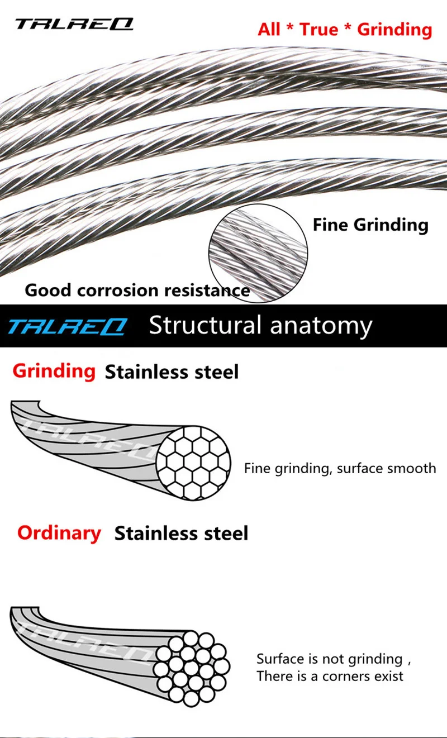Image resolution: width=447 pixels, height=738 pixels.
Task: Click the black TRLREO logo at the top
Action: coord(74,24)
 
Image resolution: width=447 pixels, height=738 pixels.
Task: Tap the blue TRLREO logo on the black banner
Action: coord(68,326)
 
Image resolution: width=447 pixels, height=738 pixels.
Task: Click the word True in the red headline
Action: coord(318,29)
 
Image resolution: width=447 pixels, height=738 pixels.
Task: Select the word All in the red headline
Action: coord(269,29)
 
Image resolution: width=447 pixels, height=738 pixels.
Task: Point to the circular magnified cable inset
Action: coord(258,253)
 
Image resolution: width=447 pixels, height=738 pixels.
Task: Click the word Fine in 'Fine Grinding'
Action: coord(330,225)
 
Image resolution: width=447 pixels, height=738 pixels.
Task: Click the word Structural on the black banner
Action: coord(205,325)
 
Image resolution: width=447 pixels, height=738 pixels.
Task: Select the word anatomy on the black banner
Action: coord(321,327)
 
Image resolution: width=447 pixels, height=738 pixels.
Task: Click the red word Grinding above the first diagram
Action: coord(54,372)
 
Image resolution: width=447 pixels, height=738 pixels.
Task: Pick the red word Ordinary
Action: coord(59,534)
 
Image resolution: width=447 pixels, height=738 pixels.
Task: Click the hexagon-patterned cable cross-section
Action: coord(193,463)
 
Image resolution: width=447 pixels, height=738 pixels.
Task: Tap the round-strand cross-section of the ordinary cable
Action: coord(192,669)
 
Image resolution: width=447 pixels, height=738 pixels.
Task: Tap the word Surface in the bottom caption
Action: coord(280,659)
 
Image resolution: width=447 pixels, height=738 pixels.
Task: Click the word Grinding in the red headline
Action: coord(394,30)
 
